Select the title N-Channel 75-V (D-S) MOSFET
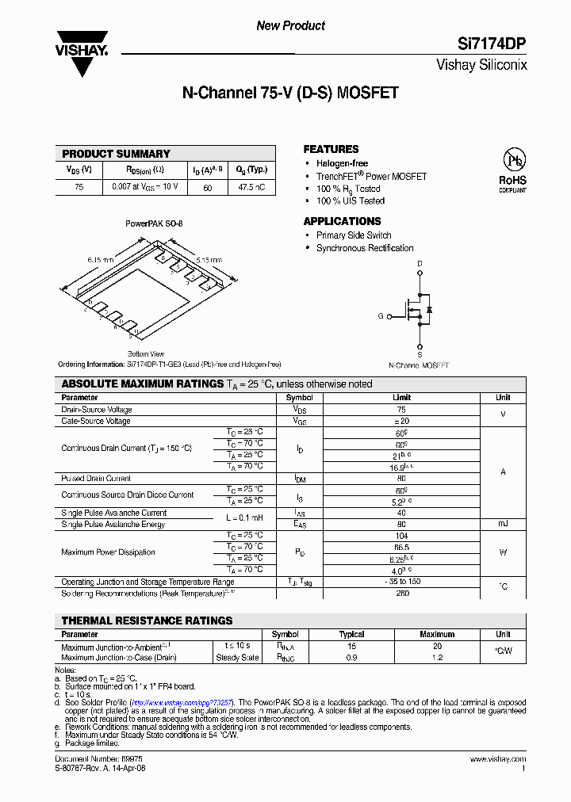[290, 94]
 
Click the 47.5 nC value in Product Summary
[252, 188]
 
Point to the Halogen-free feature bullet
[342, 163]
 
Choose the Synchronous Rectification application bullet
[365, 248]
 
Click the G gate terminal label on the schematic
[380, 316]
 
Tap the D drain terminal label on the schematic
[420, 263]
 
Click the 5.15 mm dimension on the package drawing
[209, 260]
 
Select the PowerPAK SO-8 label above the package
[154, 224]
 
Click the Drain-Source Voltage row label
[97, 410]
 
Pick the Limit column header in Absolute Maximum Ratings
[401, 398]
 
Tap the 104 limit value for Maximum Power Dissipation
[401, 536]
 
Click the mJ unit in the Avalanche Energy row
[503, 524]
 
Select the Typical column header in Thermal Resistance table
[351, 634]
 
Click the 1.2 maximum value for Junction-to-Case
[437, 657]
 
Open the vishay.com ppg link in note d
[181, 702]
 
